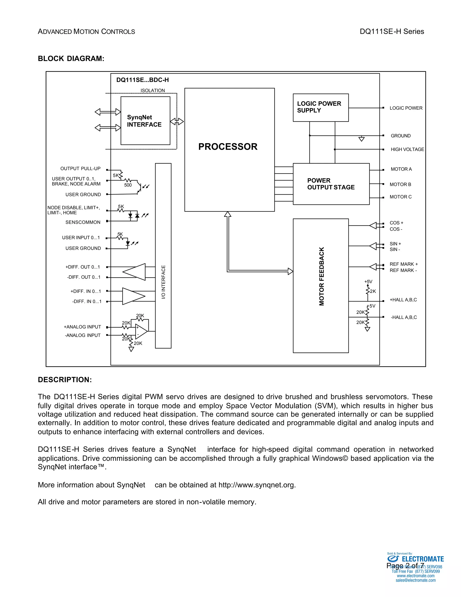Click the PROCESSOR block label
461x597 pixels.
[x=228, y=147]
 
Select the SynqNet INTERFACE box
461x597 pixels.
[x=145, y=121]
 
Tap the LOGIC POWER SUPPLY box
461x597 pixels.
[x=321, y=107]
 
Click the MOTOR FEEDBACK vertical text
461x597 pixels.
[x=322, y=276]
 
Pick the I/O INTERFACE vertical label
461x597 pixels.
[x=163, y=282]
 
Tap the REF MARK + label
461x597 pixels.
[x=404, y=264]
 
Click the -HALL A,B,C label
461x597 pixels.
[x=404, y=317]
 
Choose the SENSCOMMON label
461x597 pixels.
[x=83, y=222]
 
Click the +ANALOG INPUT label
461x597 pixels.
[x=82, y=327]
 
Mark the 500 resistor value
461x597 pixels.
[x=128, y=185]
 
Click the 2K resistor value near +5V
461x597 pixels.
[x=373, y=291]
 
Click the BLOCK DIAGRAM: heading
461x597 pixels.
[x=71, y=59]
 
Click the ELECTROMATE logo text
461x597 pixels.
[x=423, y=559]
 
